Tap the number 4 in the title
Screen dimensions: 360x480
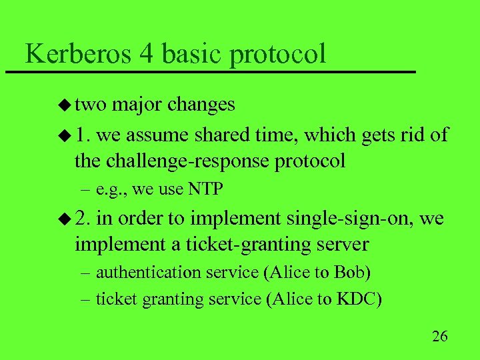147,53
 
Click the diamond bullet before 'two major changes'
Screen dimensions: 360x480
65,105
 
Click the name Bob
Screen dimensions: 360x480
352,272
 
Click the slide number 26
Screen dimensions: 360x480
439,335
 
